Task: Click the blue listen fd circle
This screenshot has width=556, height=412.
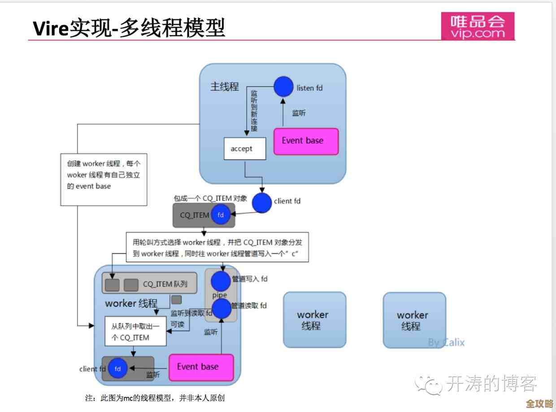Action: pos(283,87)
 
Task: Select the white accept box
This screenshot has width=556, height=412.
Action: pos(245,149)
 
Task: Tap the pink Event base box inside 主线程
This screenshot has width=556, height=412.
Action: pos(306,141)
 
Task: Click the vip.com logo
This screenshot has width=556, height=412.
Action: pos(478,26)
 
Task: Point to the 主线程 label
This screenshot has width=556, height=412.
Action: pos(225,87)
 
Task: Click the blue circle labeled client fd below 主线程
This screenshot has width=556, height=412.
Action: pos(261,202)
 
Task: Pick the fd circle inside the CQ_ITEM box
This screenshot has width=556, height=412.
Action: pos(221,215)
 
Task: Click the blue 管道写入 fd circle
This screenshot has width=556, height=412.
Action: pos(221,281)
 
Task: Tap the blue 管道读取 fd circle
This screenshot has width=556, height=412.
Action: pos(221,308)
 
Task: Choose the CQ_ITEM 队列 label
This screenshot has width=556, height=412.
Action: pos(165,284)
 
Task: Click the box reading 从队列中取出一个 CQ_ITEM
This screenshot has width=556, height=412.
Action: pos(135,332)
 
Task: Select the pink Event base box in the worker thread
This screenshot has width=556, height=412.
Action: pos(201,367)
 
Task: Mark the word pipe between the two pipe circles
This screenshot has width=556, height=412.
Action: pos(220,295)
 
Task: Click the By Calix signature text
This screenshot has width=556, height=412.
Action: pos(446,342)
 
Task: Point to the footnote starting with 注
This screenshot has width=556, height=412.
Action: pos(158,398)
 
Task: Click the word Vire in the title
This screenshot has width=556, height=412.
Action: pos(50,29)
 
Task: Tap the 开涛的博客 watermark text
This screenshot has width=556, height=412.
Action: pos(491,384)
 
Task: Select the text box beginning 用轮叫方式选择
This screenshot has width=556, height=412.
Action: pos(217,248)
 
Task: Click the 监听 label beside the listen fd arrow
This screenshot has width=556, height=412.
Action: pos(299,113)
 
